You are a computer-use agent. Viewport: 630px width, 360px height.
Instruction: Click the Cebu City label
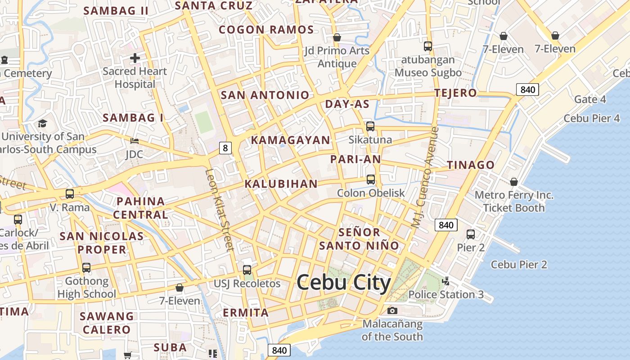click(x=344, y=283)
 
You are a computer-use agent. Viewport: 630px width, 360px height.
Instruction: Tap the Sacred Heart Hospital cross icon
click(x=135, y=58)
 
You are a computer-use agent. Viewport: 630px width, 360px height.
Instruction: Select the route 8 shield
click(x=225, y=148)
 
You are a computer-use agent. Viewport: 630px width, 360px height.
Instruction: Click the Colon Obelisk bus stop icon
click(x=371, y=180)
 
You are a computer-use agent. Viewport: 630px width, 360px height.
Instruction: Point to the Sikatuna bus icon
click(x=370, y=126)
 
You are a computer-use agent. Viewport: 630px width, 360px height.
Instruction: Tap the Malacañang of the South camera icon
click(x=392, y=310)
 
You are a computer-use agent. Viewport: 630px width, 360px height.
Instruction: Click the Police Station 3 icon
click(x=446, y=281)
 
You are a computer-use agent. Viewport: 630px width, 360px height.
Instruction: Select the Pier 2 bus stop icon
click(x=471, y=234)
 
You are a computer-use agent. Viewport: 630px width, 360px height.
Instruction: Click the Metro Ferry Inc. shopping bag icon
click(x=513, y=182)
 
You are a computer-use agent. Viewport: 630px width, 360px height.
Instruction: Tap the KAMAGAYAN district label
click(x=290, y=140)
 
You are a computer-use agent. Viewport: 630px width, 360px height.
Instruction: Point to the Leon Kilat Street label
click(x=220, y=209)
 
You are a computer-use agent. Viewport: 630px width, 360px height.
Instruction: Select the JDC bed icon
click(x=134, y=141)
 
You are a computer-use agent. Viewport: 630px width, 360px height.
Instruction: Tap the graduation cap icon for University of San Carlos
click(x=42, y=123)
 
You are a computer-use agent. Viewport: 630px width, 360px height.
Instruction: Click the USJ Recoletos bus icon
click(x=247, y=270)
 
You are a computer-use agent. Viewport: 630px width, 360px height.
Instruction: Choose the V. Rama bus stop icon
click(x=70, y=194)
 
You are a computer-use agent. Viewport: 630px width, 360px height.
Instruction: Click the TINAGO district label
click(x=471, y=165)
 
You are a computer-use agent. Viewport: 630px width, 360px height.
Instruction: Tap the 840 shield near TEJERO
click(x=527, y=90)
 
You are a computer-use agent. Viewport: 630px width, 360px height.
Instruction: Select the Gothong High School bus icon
click(x=86, y=268)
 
